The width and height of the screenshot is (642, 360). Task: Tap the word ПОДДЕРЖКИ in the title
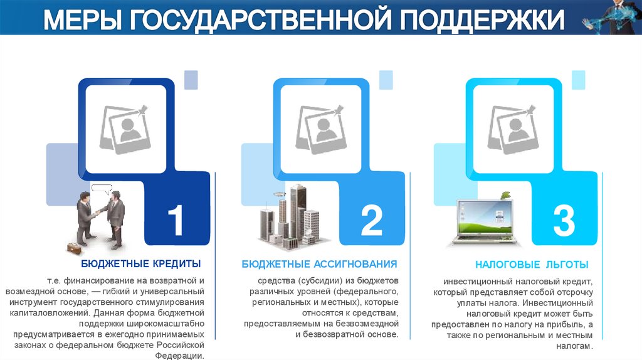click(x=482, y=19)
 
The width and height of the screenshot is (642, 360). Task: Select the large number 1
click(x=176, y=220)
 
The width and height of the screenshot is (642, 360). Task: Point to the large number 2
click(x=371, y=220)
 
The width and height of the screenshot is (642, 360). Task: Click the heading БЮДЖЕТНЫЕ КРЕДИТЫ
click(x=141, y=264)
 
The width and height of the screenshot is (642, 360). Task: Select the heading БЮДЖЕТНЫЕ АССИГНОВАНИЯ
click(x=319, y=264)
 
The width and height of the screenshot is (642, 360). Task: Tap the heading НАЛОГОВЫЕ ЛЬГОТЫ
click(x=532, y=265)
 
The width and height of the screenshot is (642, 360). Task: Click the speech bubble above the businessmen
click(x=102, y=189)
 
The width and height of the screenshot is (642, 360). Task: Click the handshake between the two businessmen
click(x=98, y=213)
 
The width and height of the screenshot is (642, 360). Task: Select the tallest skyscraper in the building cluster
click(x=298, y=211)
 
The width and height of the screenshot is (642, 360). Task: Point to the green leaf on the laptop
click(x=506, y=194)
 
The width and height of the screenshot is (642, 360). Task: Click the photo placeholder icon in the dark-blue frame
click(x=124, y=129)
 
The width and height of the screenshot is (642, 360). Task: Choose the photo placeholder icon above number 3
click(x=513, y=129)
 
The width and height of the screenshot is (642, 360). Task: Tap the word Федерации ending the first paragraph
click(x=179, y=356)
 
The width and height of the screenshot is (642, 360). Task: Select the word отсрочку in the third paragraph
click(x=575, y=292)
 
